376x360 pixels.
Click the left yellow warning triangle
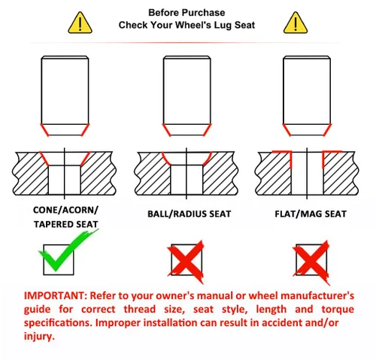80,23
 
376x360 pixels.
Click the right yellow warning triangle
296,23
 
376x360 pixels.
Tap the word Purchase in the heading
204,13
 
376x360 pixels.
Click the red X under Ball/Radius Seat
186,262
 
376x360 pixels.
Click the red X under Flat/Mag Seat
311,262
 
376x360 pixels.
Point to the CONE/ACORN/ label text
65,210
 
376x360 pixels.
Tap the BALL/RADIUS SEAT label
189,214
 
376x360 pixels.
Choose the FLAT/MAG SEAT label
311,214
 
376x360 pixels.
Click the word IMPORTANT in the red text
56,295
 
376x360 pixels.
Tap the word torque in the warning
338,310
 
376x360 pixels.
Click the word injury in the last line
39,336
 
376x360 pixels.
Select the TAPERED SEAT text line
65,224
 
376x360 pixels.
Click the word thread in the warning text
140,309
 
